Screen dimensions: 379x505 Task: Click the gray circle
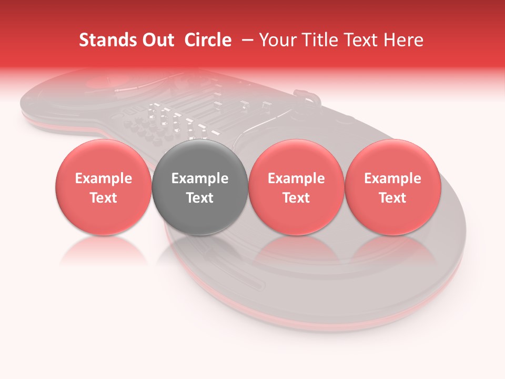point(200,187)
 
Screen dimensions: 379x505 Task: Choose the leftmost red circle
point(104,187)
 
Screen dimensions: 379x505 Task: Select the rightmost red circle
point(393,187)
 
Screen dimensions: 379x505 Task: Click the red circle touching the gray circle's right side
point(296,187)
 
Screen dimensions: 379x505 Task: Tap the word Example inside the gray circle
point(200,178)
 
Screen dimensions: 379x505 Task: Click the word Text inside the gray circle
point(200,198)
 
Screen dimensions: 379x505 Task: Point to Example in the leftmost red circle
point(104,178)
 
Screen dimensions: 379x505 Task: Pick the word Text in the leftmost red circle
point(104,198)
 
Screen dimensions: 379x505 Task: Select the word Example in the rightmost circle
point(393,178)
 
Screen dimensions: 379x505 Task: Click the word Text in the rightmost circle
point(393,198)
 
